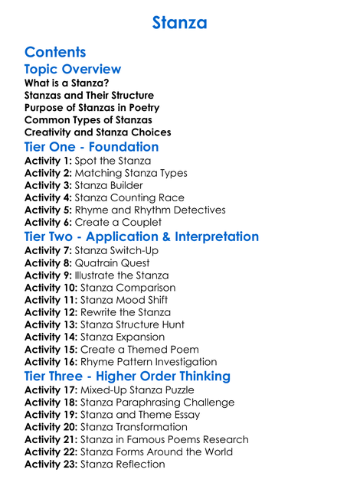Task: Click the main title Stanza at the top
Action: pos(179,23)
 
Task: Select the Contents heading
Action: pos(55,52)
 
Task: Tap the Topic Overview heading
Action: pos(73,70)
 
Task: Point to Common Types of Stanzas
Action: pos(88,120)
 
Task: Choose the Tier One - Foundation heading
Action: pos(92,146)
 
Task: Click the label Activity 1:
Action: pos(48,161)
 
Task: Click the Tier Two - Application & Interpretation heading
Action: pos(142,236)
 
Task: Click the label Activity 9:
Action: pos(48,275)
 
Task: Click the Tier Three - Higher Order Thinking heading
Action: pos(127,377)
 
